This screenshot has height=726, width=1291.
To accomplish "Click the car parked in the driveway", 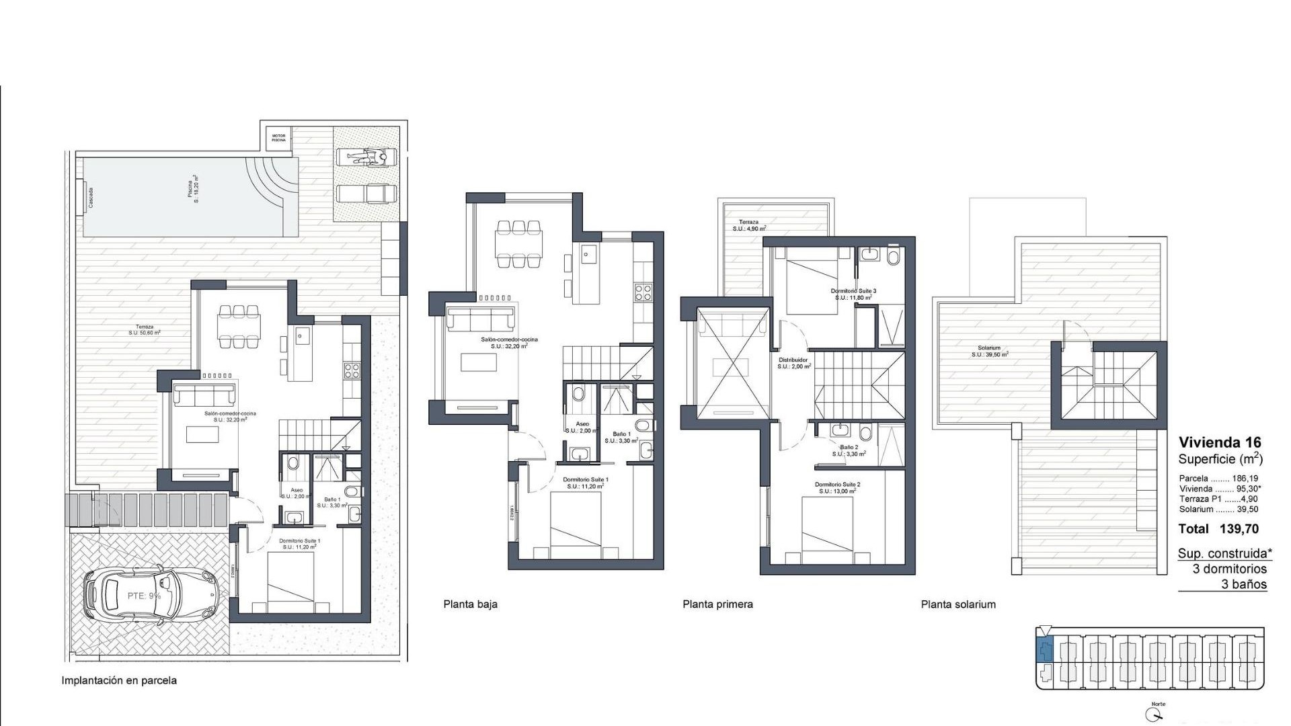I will pos(152,594).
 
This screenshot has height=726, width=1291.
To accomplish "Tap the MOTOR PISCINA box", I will pos(278,138).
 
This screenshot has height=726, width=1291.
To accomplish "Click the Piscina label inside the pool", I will pos(192,191).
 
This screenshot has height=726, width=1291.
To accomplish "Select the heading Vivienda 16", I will pos(1220,442).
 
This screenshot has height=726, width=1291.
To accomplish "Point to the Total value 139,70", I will pos(1239,529).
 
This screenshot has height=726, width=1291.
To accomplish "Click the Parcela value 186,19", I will pos(1245,479).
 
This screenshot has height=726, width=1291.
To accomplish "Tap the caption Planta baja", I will pos(470,604).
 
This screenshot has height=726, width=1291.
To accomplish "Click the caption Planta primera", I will pos(717,604).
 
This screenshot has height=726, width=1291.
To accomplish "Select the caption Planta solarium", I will pos(958,604).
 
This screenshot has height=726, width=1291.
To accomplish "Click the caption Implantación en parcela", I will pos(119,680).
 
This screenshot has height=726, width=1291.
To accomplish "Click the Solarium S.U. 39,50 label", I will pos(989,351).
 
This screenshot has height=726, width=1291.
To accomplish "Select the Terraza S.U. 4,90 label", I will pos(748,225).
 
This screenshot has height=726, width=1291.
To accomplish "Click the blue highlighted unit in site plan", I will pos(1044,650).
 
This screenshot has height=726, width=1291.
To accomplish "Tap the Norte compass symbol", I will pos(1158,713).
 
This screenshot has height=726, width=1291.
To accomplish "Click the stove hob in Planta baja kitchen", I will pos(643,292).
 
